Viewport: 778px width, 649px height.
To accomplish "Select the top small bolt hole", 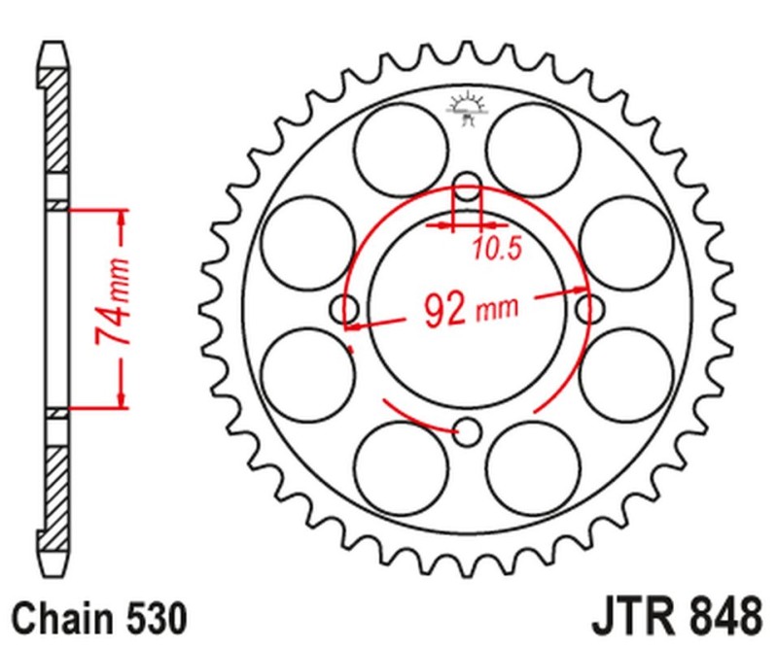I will click(x=468, y=187).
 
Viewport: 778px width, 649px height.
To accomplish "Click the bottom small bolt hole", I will click(x=468, y=431).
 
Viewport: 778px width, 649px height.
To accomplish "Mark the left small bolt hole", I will click(x=345, y=309).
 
